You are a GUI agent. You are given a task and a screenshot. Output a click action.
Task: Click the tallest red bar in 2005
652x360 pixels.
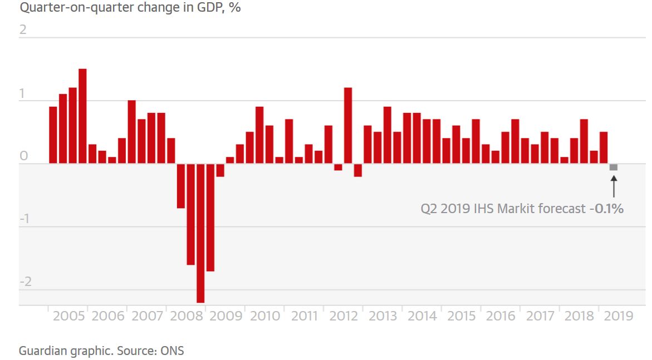pyautogui.click(x=82, y=116)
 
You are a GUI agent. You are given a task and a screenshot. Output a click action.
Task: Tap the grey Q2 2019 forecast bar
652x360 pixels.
pyautogui.click(x=613, y=167)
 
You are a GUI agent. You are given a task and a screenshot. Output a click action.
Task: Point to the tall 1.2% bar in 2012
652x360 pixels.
pyautogui.click(x=348, y=125)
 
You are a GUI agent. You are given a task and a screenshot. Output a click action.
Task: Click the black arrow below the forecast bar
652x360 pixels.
pyautogui.click(x=614, y=186)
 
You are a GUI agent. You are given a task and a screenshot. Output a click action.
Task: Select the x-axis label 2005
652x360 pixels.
pyautogui.click(x=68, y=317)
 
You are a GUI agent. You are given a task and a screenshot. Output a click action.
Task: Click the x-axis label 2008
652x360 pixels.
pyautogui.click(x=187, y=317)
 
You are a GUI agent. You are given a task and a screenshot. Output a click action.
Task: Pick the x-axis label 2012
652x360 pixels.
pyautogui.click(x=344, y=317)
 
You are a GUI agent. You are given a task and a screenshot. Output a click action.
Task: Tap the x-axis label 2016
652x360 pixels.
pyautogui.click(x=501, y=317)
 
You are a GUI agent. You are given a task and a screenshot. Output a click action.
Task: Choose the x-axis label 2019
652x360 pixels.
pyautogui.click(x=618, y=317)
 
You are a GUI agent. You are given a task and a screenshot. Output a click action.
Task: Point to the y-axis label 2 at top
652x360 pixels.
pyautogui.click(x=23, y=29)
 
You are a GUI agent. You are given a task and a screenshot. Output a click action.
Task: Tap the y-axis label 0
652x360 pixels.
pyautogui.click(x=23, y=156)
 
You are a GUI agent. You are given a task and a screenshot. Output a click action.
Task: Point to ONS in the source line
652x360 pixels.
pyautogui.click(x=173, y=351)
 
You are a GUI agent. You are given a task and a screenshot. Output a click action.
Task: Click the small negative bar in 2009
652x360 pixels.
pyautogui.click(x=220, y=170)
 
